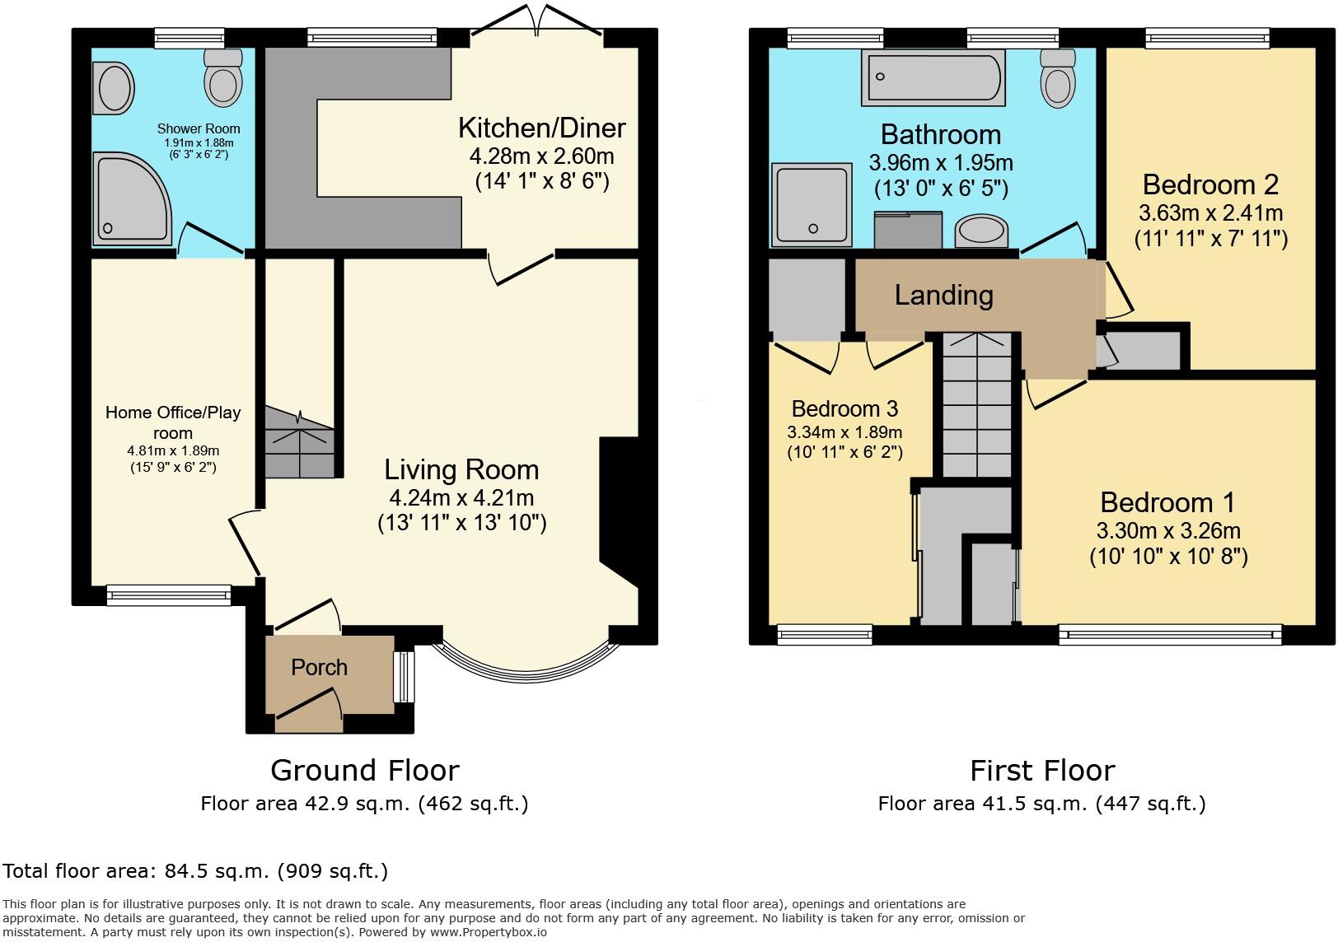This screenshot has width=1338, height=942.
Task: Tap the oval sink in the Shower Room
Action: tap(115, 87)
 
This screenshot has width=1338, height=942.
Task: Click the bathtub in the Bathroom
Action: tap(933, 77)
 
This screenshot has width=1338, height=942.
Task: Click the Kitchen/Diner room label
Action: tap(541, 128)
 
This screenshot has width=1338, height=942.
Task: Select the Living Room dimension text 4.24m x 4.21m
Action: tap(461, 497)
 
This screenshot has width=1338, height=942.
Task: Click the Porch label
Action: tap(319, 667)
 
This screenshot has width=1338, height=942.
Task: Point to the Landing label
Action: tap(943, 295)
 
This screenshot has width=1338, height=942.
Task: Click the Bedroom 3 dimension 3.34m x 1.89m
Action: tap(844, 432)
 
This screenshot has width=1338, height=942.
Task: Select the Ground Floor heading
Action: tap(364, 771)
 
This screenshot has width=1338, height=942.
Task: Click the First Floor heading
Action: tap(1041, 771)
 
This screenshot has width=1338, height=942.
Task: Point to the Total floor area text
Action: tap(195, 870)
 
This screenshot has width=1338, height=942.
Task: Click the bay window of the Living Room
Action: tap(527, 667)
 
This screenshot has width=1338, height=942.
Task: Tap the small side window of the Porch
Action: tap(403, 677)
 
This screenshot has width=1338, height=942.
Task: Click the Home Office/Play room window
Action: tap(168, 595)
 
